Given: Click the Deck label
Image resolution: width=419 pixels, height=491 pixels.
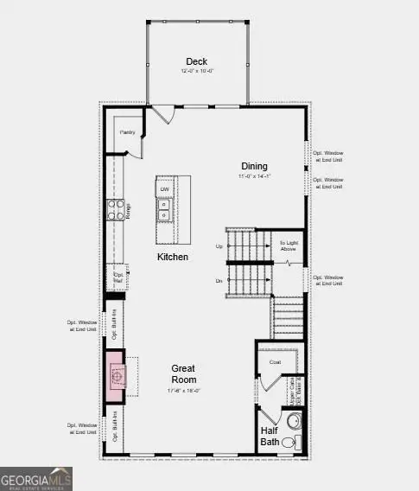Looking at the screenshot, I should (197, 61).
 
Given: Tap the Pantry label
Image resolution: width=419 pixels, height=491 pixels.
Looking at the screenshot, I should (127, 132).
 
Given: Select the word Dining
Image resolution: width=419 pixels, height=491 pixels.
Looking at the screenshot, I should (254, 166).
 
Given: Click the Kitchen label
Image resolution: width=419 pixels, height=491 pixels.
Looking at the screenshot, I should (172, 257).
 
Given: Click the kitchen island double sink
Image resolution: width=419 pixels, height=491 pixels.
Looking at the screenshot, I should (164, 210).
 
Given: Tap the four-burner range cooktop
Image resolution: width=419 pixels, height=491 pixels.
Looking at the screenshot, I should (115, 209).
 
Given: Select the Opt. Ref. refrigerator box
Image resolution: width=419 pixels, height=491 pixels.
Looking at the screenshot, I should (118, 277).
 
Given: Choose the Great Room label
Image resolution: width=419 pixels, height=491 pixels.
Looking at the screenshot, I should (182, 373).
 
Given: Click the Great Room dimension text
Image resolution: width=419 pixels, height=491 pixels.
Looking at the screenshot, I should (182, 391).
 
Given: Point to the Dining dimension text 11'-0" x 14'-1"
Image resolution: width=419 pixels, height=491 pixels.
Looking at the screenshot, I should (254, 176).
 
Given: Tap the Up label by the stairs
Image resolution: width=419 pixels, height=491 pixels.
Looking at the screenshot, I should (219, 246).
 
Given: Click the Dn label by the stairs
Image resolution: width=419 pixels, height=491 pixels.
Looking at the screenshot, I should (219, 281).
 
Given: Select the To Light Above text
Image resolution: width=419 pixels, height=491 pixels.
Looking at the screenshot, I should (287, 246).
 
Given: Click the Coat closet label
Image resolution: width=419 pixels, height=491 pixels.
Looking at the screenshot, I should (276, 362).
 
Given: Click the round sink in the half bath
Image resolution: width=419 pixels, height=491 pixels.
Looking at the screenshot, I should (293, 423).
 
